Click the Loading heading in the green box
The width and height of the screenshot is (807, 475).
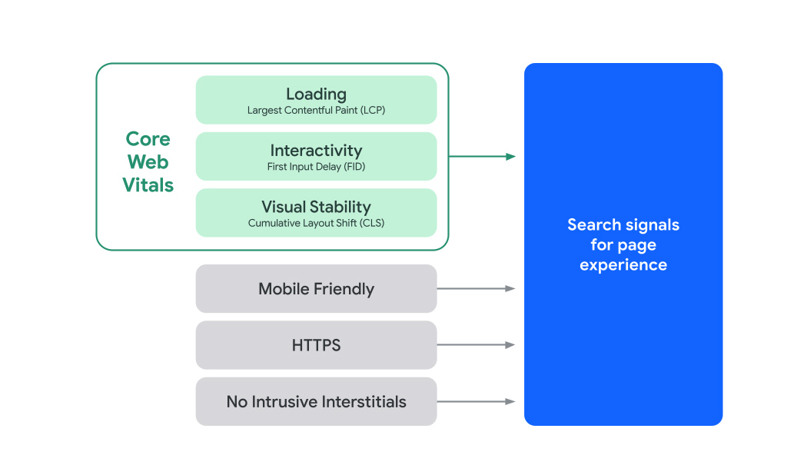click(x=316, y=94)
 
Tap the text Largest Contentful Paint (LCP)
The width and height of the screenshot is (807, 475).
click(x=316, y=111)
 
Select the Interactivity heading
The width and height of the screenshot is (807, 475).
click(x=316, y=151)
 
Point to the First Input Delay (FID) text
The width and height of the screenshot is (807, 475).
click(x=316, y=167)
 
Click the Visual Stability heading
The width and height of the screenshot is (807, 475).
click(x=316, y=207)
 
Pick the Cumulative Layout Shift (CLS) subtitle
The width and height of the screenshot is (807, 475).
click(x=316, y=224)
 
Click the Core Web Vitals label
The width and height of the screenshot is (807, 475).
click(x=148, y=162)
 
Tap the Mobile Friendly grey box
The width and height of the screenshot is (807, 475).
click(x=316, y=289)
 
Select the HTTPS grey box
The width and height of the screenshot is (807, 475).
click(x=316, y=345)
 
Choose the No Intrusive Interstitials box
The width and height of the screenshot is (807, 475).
click(x=316, y=401)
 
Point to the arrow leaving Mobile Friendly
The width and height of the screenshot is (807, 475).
click(x=476, y=289)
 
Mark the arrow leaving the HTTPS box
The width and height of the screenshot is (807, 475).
click(x=476, y=345)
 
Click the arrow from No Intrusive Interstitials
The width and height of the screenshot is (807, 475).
click(x=476, y=401)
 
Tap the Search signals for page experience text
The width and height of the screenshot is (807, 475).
click(x=623, y=244)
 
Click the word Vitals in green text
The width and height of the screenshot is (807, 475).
click(x=148, y=185)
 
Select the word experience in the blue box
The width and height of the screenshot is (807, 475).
click(x=623, y=265)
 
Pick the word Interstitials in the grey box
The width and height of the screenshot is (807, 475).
click(x=364, y=401)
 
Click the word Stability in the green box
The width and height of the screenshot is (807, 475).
click(x=340, y=207)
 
